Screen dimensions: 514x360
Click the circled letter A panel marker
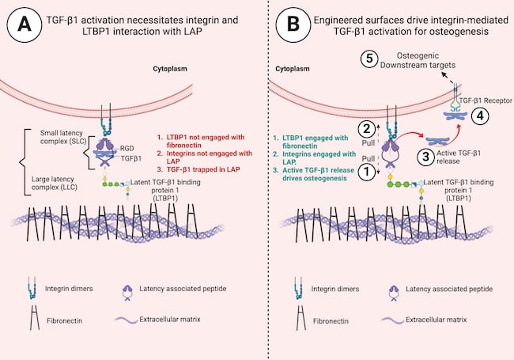pyautogui.click(x=25, y=25)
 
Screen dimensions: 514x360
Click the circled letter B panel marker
pyautogui.click(x=293, y=25)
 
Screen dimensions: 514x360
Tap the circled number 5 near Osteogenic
pyautogui.click(x=369, y=59)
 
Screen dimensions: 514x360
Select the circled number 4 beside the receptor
pyautogui.click(x=480, y=116)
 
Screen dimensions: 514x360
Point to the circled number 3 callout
pyautogui.click(x=425, y=157)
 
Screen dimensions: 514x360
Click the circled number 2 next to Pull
pyautogui.click(x=367, y=129)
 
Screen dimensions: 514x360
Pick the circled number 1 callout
pyautogui.click(x=366, y=172)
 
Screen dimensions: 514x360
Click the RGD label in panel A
pyautogui.click(x=127, y=149)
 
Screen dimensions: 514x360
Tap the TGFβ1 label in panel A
pyautogui.click(x=131, y=158)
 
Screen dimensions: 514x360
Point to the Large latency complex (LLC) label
pyautogui.click(x=53, y=184)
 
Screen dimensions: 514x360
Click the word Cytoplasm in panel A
pyautogui.click(x=170, y=69)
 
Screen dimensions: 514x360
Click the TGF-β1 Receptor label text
pyautogui.click(x=486, y=100)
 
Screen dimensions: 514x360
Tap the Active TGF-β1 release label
pyautogui.click(x=459, y=157)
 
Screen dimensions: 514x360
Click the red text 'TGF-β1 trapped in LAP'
pyautogui.click(x=203, y=169)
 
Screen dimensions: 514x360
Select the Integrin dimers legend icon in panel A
pyautogui.click(x=32, y=287)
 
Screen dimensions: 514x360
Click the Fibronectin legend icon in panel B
pyautogui.click(x=301, y=318)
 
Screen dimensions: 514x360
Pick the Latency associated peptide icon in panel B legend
pyautogui.click(x=393, y=293)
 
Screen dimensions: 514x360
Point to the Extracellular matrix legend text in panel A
pyautogui.click(x=170, y=320)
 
